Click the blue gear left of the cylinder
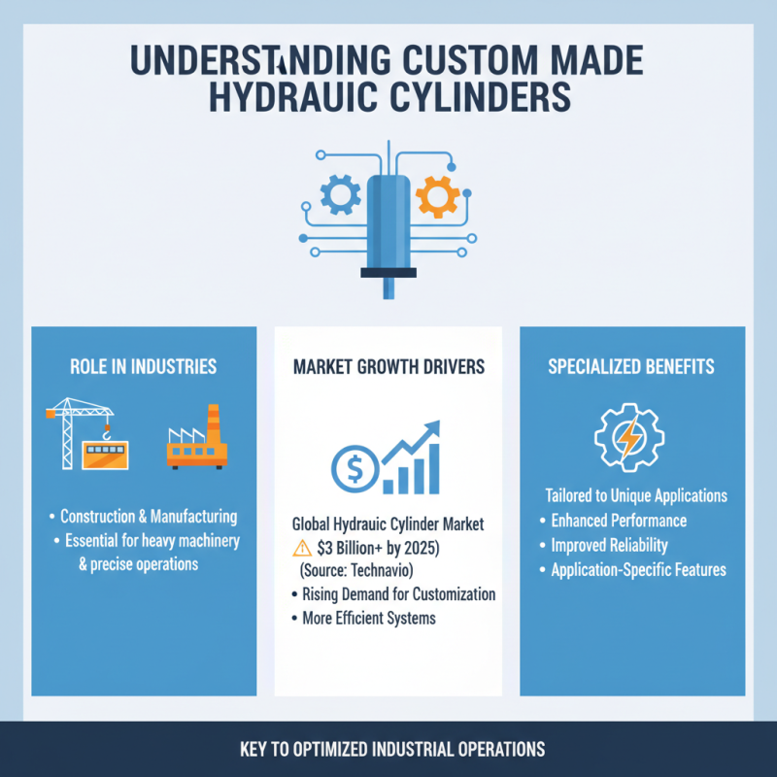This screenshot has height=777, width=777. [x=340, y=194]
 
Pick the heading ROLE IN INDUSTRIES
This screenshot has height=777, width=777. [x=143, y=367]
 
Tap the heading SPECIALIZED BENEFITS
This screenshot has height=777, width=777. [x=631, y=367]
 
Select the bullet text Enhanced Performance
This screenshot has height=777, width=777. [x=619, y=521]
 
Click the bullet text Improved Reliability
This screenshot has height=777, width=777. [x=609, y=545]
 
